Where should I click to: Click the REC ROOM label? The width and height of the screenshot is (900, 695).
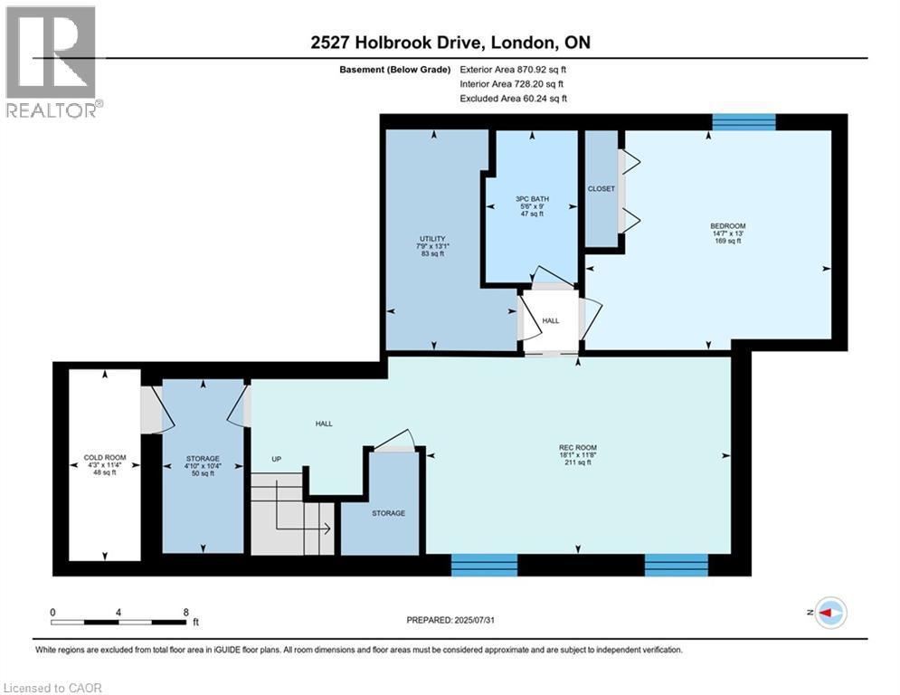[577, 447]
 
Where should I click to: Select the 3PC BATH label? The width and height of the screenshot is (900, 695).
[528, 199]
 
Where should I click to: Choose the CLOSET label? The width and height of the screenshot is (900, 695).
[601, 189]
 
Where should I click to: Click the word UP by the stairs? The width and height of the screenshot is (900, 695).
[277, 459]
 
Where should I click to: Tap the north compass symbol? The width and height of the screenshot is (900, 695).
[829, 613]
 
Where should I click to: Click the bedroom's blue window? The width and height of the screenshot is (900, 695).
[744, 122]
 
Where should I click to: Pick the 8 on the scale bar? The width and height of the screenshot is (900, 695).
[185, 612]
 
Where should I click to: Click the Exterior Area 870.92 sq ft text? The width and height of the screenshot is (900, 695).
[514, 69]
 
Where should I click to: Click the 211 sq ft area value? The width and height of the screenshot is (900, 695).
[577, 462]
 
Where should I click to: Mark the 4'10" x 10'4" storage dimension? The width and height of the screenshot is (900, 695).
[203, 466]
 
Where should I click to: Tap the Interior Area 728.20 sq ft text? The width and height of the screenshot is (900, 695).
[514, 83]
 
